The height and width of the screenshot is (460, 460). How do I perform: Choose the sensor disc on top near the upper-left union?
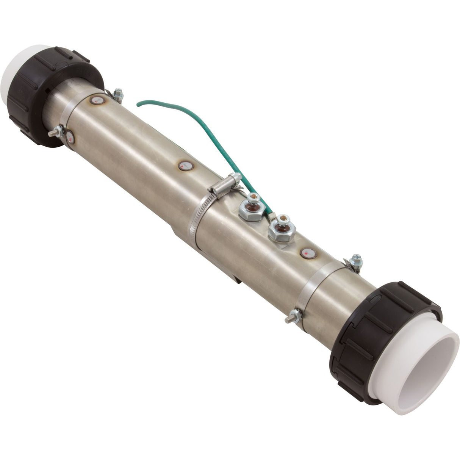click(x=97, y=101)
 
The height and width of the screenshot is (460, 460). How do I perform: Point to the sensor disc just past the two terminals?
click(x=309, y=253)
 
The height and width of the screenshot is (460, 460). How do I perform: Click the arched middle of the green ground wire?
click(x=178, y=110)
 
